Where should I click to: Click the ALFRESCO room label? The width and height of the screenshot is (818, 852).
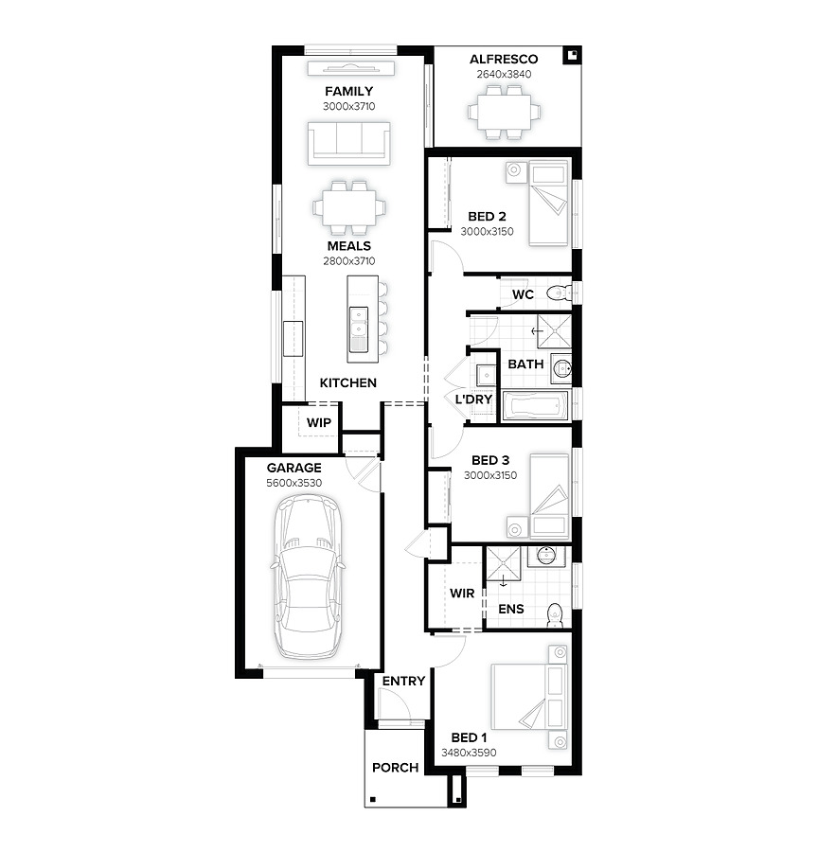pyautogui.click(x=504, y=60)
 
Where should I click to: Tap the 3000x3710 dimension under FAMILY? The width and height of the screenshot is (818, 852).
pyautogui.click(x=349, y=106)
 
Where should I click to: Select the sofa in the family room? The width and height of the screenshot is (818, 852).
pyautogui.click(x=349, y=144)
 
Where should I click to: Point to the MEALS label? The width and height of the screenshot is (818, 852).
pyautogui.click(x=349, y=246)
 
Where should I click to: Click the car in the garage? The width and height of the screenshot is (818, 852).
pyautogui.click(x=309, y=576)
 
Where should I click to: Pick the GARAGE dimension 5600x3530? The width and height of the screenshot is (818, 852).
pyautogui.click(x=294, y=483)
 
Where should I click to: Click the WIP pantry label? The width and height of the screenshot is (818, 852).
pyautogui.click(x=318, y=423)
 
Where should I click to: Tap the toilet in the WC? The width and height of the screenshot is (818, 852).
pyautogui.click(x=560, y=294)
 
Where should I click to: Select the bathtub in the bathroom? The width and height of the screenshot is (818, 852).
pyautogui.click(x=535, y=406)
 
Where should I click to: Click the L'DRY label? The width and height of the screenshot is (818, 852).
pyautogui.click(x=473, y=399)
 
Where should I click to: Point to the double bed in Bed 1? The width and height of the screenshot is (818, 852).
pyautogui.click(x=530, y=696)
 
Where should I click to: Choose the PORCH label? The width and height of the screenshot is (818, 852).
pyautogui.click(x=395, y=768)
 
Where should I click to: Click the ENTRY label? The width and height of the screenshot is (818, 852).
pyautogui.click(x=403, y=681)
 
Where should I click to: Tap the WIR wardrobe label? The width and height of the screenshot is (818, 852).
pyautogui.click(x=462, y=594)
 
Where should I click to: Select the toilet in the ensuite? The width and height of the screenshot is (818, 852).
pyautogui.click(x=555, y=614)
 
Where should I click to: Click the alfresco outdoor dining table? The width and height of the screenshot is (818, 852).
pyautogui.click(x=504, y=113)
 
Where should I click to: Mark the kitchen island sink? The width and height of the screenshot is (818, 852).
pyautogui.click(x=359, y=322)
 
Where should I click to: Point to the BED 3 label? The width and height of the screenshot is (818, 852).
pyautogui.click(x=490, y=461)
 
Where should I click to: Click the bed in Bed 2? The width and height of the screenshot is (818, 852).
pyautogui.click(x=548, y=204)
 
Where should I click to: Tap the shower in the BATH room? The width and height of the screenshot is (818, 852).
pyautogui.click(x=555, y=331)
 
